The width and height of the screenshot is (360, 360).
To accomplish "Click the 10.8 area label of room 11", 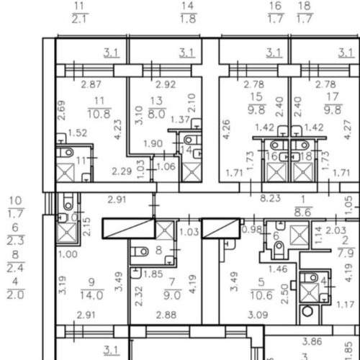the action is click(99, 114).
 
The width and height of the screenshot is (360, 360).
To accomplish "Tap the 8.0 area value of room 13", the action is click(157, 114).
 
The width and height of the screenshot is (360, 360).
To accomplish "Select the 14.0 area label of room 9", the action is click(91, 295).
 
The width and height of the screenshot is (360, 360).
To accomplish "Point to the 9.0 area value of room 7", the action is click(172, 295).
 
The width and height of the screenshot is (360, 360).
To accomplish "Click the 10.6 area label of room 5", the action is click(261, 295).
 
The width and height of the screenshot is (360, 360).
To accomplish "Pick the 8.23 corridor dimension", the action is click(271, 198).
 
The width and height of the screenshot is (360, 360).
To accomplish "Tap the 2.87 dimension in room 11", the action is click(91, 84).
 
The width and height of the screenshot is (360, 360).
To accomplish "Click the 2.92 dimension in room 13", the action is click(166, 84).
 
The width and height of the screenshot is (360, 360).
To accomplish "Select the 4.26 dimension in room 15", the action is click(226, 129).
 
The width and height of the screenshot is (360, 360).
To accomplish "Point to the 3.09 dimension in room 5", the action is click(258, 315).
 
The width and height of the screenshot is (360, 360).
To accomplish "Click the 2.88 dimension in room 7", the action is click(166, 315).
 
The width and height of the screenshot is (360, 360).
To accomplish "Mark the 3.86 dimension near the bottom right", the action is click(312, 341).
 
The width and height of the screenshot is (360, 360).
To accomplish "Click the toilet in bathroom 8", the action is click(140, 251).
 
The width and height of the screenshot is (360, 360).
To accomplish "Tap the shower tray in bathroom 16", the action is click(276, 172).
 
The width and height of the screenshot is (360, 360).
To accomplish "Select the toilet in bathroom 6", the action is click(279, 250).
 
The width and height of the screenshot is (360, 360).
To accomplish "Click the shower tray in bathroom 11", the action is click(65, 172).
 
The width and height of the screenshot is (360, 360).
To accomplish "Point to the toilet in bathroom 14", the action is click(192, 140).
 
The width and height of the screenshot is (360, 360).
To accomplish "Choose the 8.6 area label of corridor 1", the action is click(303, 212).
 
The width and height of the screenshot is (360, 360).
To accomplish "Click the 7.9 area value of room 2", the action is click(346, 253).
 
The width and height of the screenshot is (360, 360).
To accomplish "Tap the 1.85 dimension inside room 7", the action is click(153, 274).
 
